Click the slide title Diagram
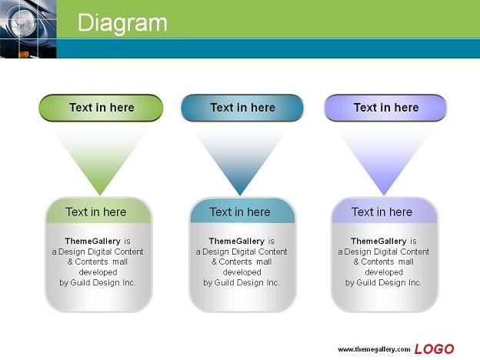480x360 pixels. click(122, 23)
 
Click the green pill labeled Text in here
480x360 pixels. click(101, 108)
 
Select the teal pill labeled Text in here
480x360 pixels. click(242, 108)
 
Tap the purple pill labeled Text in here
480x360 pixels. click(385, 108)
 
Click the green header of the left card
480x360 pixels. click(98, 211)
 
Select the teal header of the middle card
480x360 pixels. click(242, 211)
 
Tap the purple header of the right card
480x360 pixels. click(385, 211)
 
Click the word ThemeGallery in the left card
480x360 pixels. click(93, 242)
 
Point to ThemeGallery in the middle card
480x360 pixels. click(237, 242)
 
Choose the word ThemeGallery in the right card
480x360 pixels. click(378, 242)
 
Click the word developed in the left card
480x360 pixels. click(98, 272)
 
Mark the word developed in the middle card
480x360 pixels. click(242, 272)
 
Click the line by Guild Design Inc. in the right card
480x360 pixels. click(384, 282)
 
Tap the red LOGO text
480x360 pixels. click(434, 349)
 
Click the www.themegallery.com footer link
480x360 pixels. click(374, 349)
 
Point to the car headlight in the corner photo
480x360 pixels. click(24, 22)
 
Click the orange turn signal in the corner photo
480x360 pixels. click(24, 55)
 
